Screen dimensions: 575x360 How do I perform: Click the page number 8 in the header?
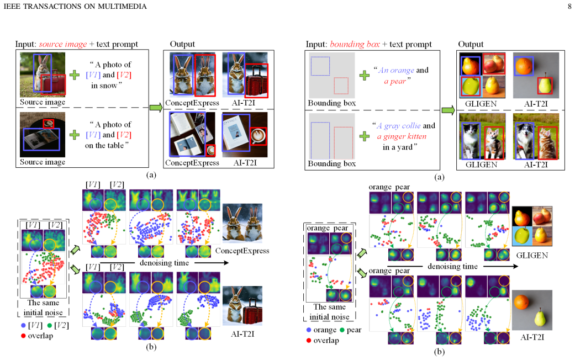(x=569, y=6)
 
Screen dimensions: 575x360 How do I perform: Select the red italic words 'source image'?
(x=63, y=44)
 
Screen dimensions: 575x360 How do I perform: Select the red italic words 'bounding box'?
(x=355, y=44)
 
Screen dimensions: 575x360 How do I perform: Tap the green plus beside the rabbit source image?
(x=75, y=75)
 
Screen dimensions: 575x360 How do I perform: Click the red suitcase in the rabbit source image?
(x=53, y=84)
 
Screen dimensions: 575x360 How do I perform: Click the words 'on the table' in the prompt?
(x=104, y=146)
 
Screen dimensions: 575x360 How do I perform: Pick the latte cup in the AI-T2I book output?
(x=259, y=136)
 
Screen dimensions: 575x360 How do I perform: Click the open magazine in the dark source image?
(x=41, y=139)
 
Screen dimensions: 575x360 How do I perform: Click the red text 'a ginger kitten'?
(x=402, y=136)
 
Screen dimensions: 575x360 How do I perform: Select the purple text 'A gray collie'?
(x=399, y=126)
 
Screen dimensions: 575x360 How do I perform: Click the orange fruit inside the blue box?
(x=523, y=66)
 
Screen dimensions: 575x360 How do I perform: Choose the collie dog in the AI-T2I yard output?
(x=525, y=140)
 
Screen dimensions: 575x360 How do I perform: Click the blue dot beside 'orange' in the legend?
(x=309, y=330)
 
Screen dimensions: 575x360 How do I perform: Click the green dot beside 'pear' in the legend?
(x=342, y=330)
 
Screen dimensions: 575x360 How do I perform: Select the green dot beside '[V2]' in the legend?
(x=50, y=325)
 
